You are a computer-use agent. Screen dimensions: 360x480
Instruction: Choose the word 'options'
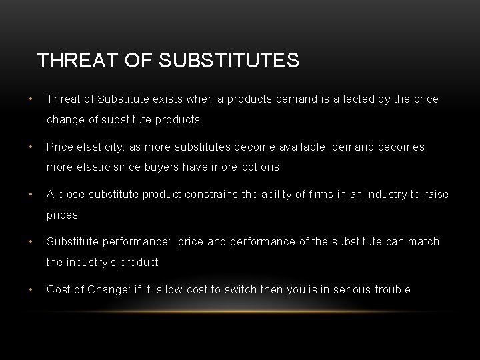[x=259, y=167]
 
